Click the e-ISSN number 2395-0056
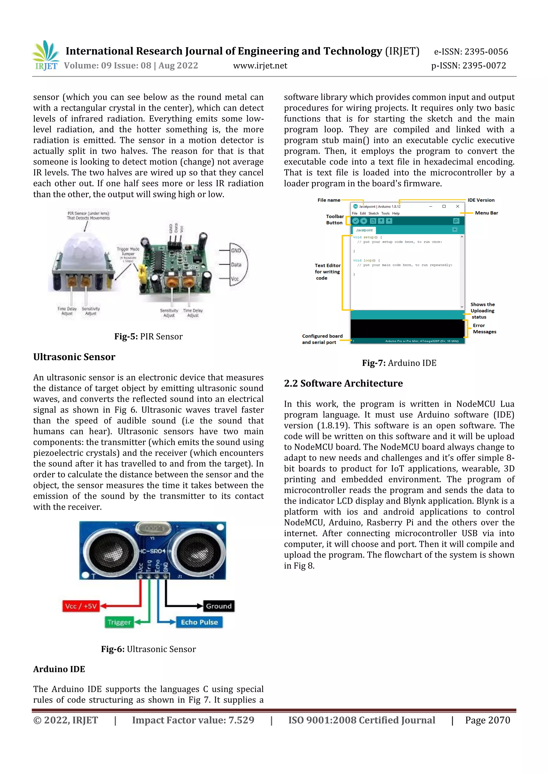point(471,52)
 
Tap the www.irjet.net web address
point(260,66)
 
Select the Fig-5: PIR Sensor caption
point(148,336)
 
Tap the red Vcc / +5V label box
point(81,606)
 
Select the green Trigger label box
point(119,622)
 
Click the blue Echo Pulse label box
point(199,622)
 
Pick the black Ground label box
point(219,606)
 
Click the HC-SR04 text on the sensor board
point(153,551)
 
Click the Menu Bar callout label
point(486,213)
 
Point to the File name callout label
point(329,200)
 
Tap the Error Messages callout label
point(484,328)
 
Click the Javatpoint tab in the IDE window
point(364,230)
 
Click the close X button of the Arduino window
point(458,206)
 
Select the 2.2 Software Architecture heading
point(343,383)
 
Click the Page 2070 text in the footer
point(487,720)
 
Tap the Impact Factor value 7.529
point(193,720)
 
